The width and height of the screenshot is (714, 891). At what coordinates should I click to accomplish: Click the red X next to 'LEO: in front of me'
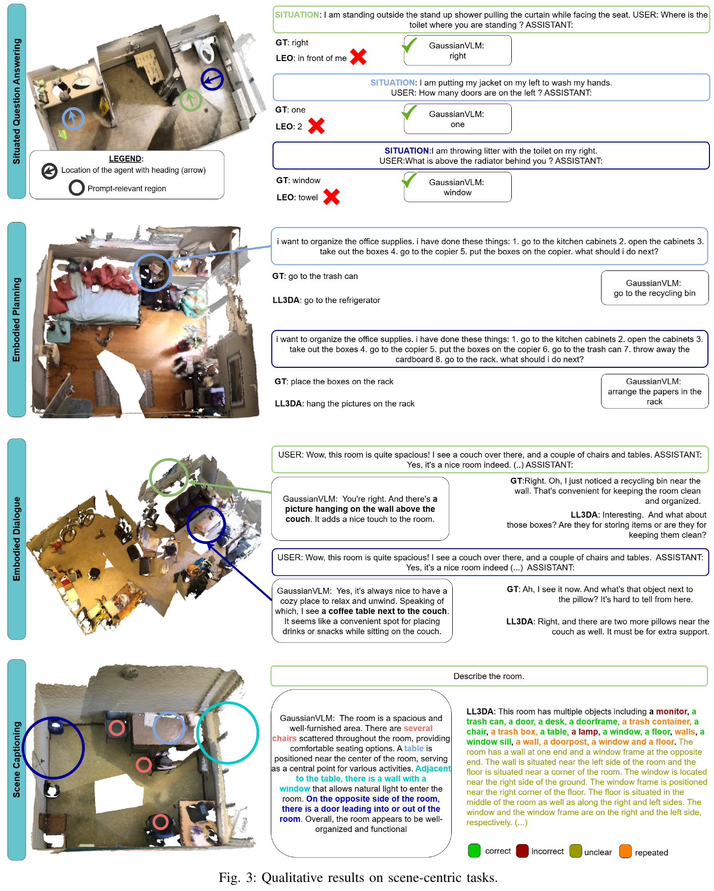tap(358, 57)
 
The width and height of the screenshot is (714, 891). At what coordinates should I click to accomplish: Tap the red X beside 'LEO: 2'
tap(316, 126)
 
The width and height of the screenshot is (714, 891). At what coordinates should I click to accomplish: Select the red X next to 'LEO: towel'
tap(331, 197)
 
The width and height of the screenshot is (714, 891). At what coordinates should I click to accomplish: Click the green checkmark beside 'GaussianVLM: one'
tap(409, 112)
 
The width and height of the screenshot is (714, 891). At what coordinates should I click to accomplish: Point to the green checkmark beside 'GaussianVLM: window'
tap(409, 180)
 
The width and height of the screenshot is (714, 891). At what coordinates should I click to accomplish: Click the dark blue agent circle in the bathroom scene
tap(212, 79)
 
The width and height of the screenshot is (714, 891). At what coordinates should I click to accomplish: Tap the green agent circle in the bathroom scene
tap(191, 100)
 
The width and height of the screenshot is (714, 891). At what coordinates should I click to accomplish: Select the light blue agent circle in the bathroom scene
tap(73, 119)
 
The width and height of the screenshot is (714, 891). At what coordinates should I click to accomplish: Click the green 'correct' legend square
tap(474, 851)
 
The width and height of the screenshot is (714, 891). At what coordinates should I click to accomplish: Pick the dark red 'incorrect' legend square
tap(522, 851)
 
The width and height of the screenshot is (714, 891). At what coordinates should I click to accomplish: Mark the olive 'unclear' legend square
tap(575, 851)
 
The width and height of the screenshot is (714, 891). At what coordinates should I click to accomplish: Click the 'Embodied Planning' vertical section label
tap(17, 319)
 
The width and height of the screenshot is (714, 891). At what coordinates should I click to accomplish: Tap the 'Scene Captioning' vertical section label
tap(17, 759)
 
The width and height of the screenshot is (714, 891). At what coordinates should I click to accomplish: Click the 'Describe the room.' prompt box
tap(489, 676)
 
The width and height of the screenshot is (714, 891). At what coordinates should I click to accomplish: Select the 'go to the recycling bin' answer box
tap(654, 288)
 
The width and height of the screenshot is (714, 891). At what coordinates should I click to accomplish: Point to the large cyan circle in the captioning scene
tap(227, 732)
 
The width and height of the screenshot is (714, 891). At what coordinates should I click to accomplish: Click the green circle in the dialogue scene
tap(169, 477)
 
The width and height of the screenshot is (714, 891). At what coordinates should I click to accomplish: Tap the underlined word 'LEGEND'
tap(126, 158)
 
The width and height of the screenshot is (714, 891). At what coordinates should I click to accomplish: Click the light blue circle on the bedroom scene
tap(152, 272)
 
